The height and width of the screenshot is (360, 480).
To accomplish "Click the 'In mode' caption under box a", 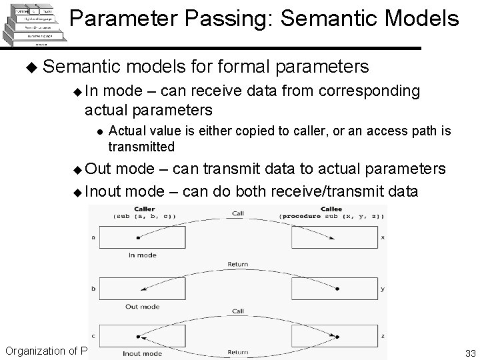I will [141, 255].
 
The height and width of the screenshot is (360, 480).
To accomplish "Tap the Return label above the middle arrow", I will [239, 264].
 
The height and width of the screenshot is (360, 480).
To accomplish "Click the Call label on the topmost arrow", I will [239, 214].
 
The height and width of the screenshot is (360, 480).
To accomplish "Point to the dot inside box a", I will [138, 237].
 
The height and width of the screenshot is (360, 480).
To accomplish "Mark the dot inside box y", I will [337, 289].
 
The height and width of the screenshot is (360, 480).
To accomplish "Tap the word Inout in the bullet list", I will [104, 192].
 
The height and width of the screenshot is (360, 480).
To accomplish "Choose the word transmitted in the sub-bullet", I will [141, 145].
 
